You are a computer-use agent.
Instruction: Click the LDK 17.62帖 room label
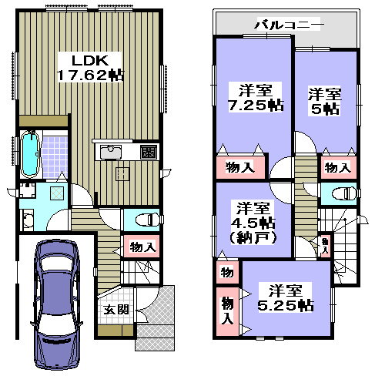pos(89,67)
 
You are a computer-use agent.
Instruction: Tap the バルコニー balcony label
pos(289,24)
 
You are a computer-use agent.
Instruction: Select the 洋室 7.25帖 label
pos(256,97)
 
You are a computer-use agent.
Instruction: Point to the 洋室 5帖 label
pos(325,102)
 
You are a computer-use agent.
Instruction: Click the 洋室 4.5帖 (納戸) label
pos(253,223)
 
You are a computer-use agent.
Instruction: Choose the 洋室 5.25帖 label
pos(285,297)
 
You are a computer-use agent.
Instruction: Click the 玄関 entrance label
pos(116,310)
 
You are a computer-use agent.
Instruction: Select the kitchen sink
pos(111,152)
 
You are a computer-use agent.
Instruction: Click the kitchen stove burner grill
pos(149,152)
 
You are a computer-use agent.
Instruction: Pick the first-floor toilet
pos(147,220)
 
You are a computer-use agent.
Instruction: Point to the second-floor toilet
pos(344,193)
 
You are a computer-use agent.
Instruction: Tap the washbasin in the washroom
pos(27,220)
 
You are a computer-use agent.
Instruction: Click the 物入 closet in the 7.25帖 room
pos(240,167)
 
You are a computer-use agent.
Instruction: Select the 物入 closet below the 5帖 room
pos(338,167)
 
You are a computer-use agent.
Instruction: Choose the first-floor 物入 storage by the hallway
pos(142,247)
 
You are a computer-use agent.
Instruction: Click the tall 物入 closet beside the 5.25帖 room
pos(227,311)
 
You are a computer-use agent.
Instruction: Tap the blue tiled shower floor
pos(55,157)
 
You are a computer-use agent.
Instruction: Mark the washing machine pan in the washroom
pos(57,193)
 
